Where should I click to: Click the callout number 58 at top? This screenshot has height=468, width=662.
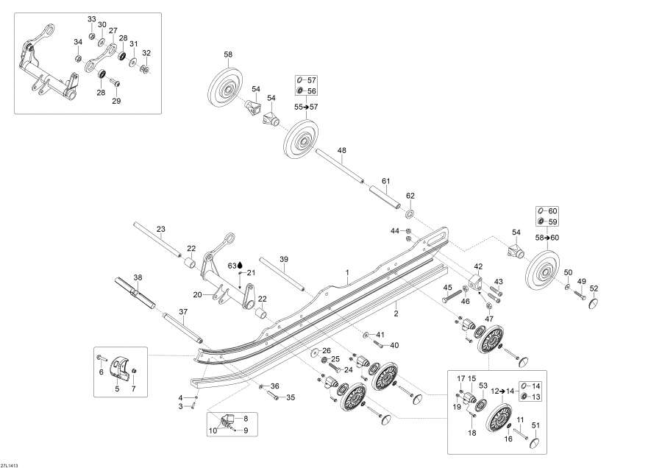(x=228, y=55)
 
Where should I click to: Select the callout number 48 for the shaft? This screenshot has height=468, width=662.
(x=342, y=151)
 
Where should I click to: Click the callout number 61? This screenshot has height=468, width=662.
(x=385, y=180)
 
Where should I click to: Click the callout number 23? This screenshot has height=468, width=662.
(x=161, y=229)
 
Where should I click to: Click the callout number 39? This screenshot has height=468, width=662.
(x=283, y=258)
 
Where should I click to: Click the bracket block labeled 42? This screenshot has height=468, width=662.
(x=474, y=282)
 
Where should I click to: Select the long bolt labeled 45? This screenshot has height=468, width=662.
(x=451, y=300)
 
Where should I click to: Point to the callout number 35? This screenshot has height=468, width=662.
(x=291, y=397)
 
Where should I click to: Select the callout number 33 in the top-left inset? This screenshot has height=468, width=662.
(x=92, y=18)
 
